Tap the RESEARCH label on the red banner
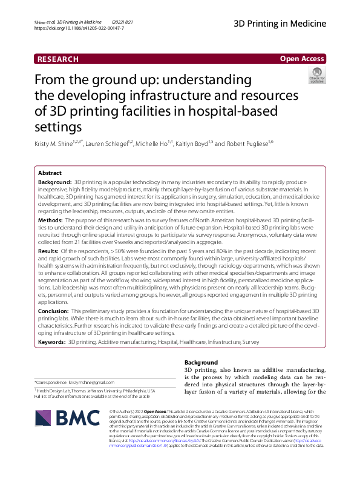(58, 59)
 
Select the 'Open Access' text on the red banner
(303, 59)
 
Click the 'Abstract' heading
(50, 173)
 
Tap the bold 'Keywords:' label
(52, 342)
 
